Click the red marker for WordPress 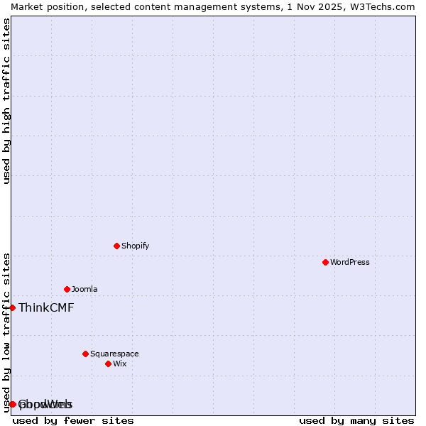point(325,262)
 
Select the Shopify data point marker point(116,246)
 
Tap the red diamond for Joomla point(67,289)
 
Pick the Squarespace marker point(85,354)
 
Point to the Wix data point point(108,364)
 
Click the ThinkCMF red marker point(12,307)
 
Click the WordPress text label point(350,262)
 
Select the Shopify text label point(135,246)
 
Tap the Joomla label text point(84,289)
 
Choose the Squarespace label point(114,354)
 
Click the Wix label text point(120,364)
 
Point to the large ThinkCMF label point(46,307)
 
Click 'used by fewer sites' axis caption point(73,420)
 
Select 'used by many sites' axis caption point(356,420)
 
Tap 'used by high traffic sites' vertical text point(6,101)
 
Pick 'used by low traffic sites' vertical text point(6,332)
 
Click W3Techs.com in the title point(382,6)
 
